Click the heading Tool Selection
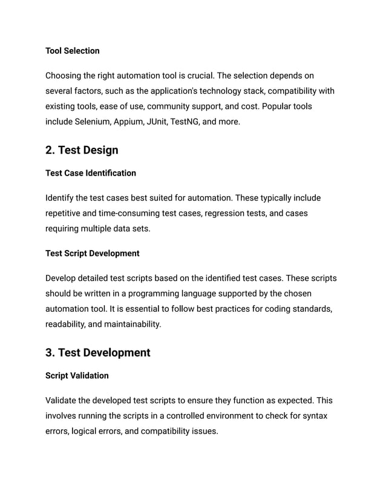[x=73, y=51]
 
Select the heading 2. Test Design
[x=82, y=150]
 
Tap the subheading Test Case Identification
[x=91, y=173]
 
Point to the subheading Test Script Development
[x=93, y=253]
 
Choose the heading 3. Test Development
[x=98, y=352]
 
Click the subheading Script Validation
[x=77, y=375]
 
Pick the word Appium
[x=127, y=122]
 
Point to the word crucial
[x=196, y=76]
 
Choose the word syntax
[x=315, y=416]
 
